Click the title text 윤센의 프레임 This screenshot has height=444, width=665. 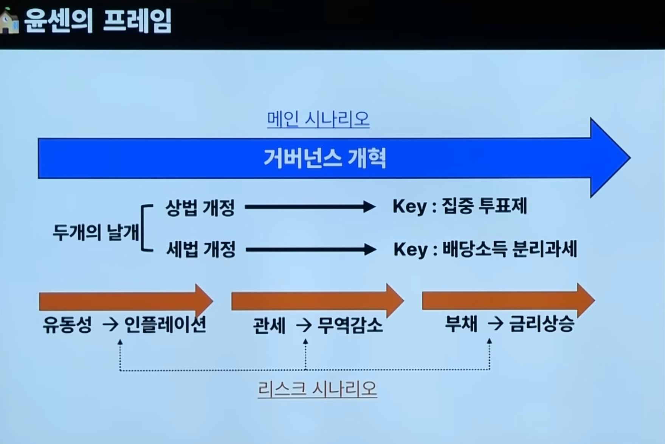98,21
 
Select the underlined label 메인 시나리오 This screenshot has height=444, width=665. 318,119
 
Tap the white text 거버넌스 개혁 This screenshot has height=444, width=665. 325,158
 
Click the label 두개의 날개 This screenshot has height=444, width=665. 96,232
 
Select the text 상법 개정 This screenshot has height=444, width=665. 200,207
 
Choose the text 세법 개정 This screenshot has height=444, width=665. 201,249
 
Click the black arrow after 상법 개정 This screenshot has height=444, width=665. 310,207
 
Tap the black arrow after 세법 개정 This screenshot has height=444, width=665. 310,249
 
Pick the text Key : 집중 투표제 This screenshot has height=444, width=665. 459,207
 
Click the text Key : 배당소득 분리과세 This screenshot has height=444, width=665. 485,249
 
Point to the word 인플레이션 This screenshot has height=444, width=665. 165,325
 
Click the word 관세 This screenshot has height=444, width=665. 269,326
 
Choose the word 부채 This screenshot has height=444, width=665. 461,324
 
